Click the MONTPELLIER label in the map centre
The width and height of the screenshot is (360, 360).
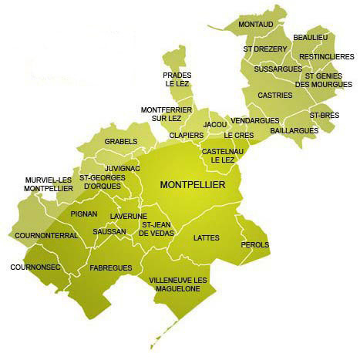[192, 186]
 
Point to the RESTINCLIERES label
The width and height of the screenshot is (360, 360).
[326, 56]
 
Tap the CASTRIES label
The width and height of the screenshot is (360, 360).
[275, 95]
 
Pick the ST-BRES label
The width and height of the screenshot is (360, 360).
[324, 115]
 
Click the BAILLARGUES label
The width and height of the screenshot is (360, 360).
[294, 130]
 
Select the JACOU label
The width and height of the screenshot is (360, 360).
[215, 124]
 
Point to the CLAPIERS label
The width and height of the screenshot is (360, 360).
[186, 135]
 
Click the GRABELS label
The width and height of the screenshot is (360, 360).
[121, 141]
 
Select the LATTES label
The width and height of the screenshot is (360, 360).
[207, 238]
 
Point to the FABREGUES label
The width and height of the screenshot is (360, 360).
[111, 268]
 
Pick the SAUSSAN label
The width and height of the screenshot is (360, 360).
[109, 231]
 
